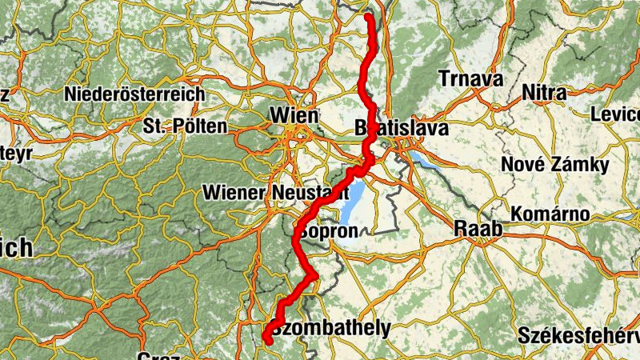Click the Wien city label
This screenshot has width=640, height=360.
[294, 115]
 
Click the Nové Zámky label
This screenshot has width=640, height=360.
[554, 165]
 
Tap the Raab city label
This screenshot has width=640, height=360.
[478, 229]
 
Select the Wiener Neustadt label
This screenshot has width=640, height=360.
[274, 193]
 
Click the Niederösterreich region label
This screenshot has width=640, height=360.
[135, 94]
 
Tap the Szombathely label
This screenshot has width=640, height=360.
[331, 327]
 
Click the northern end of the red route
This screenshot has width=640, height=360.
[368, 16]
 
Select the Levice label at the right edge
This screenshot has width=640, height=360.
[615, 115]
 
